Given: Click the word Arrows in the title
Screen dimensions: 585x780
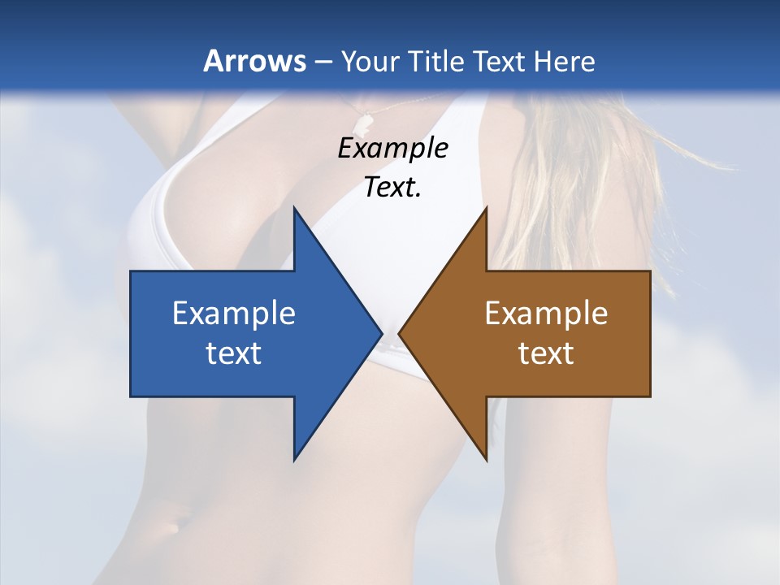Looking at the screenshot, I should (x=254, y=61).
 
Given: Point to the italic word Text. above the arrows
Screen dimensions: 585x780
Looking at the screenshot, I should (x=392, y=188).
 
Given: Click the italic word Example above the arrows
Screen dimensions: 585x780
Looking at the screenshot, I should (x=392, y=148).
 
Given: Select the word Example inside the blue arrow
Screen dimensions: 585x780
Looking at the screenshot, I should (x=234, y=313).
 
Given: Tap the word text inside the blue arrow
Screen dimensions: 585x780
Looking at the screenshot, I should (x=234, y=353).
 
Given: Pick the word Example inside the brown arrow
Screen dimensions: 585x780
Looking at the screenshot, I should (x=546, y=313).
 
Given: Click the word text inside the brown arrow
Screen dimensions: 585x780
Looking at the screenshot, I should (x=546, y=353).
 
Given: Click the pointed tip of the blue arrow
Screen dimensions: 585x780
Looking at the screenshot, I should (x=381, y=333).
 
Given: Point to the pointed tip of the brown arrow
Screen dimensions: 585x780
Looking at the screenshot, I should (x=399, y=333).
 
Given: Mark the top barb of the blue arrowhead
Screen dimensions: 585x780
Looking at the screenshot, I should (x=295, y=209).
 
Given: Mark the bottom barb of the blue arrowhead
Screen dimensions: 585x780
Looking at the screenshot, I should (x=295, y=459).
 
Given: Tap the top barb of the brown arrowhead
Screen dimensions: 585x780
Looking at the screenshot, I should (x=486, y=209).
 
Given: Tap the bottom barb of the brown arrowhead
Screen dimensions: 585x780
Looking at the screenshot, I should (x=486, y=459).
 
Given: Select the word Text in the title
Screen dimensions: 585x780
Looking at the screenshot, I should (x=500, y=61).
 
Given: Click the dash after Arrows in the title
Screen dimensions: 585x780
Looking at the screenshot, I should (x=323, y=62).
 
